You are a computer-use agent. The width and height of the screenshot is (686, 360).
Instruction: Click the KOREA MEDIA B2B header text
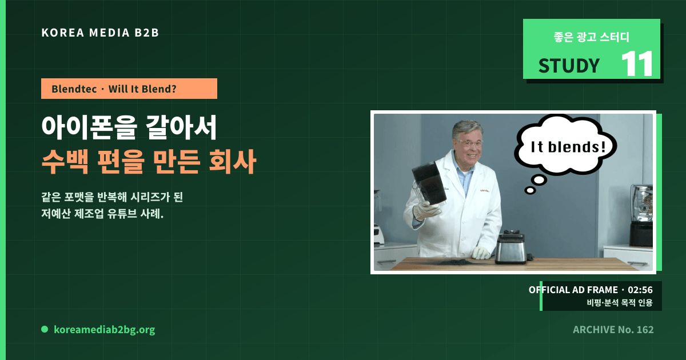pos(100,33)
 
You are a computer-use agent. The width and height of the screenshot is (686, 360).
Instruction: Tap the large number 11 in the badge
pos(637,63)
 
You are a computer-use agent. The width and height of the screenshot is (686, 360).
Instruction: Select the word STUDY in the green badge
pos(569,66)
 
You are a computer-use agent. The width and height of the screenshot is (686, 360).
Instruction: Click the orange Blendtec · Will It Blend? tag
pos(129,89)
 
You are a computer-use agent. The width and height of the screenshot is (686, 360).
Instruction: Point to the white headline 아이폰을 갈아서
pos(129,127)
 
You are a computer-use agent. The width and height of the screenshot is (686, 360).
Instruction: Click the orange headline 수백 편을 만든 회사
pos(149,161)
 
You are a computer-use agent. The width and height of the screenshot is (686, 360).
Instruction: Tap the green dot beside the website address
pos(45,329)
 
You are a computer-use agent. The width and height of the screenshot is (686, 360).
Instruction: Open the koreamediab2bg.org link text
pos(105,329)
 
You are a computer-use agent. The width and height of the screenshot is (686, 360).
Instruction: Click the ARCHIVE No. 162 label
pos(613,329)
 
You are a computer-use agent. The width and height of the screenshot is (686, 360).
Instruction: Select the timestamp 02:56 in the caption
pos(640,290)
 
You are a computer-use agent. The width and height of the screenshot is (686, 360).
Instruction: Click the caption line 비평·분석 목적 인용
pos(620,302)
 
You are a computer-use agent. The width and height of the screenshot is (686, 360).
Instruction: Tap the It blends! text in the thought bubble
pos(568,147)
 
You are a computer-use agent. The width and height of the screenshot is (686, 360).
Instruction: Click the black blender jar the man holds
pos(429,183)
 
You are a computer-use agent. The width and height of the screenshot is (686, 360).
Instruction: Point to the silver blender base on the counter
pos(511,247)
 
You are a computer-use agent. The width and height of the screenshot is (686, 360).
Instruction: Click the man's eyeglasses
pos(468,143)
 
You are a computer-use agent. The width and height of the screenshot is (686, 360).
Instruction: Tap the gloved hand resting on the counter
pos(482,253)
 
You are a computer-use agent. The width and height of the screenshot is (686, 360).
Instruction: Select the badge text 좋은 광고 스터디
pos(591,37)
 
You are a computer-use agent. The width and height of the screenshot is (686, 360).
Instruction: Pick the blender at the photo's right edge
pos(641,215)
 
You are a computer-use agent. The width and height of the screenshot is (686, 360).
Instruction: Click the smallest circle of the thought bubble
pos(530,190)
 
